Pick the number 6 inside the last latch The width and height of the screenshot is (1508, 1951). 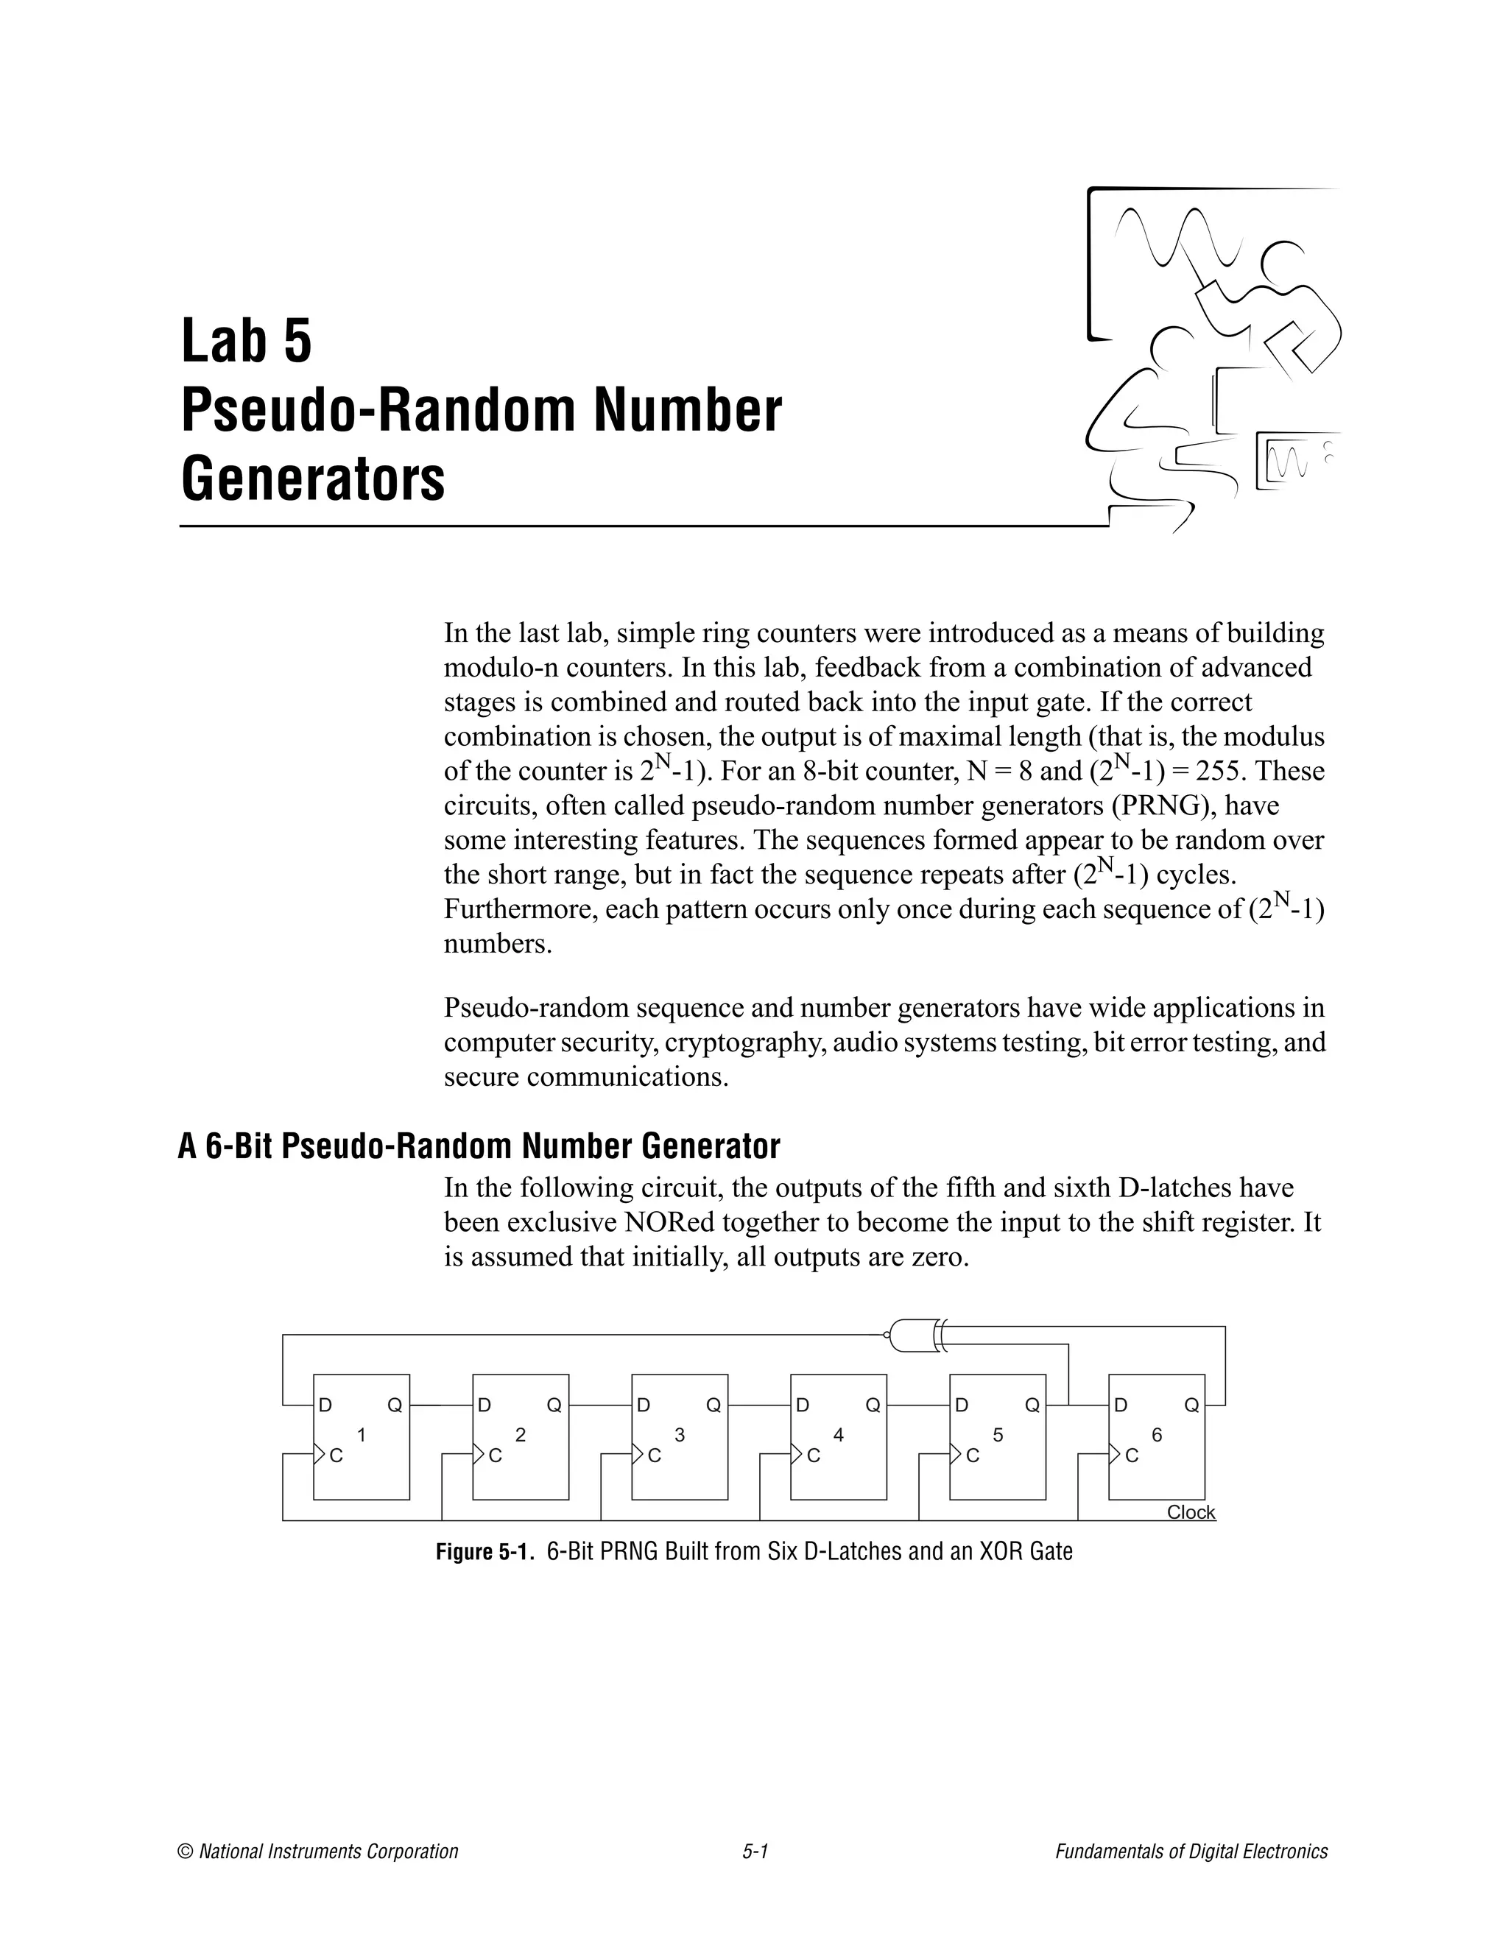pos(1157,1435)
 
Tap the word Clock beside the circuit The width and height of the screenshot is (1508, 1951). pos(1191,1512)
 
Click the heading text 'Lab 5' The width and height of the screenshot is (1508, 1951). pos(247,342)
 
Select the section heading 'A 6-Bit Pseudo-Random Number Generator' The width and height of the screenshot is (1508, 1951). pos(479,1146)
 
